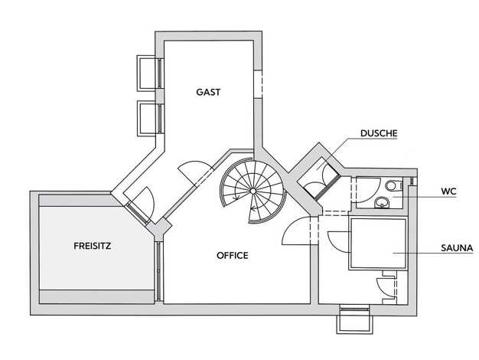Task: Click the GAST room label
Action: pos(208,92)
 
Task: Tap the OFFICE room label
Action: pos(232,255)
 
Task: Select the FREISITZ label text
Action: pos(93,246)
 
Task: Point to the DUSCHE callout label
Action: pos(379,133)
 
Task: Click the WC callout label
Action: pos(448,191)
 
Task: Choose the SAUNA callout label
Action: pos(457,247)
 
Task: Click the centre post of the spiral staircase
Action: pos(253,191)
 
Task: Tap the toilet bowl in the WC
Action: pos(393,185)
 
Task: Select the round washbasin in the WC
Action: pos(382,202)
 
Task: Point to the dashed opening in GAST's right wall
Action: pos(258,84)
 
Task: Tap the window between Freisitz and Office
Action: pos(158,271)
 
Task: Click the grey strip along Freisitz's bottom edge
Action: pos(96,296)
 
